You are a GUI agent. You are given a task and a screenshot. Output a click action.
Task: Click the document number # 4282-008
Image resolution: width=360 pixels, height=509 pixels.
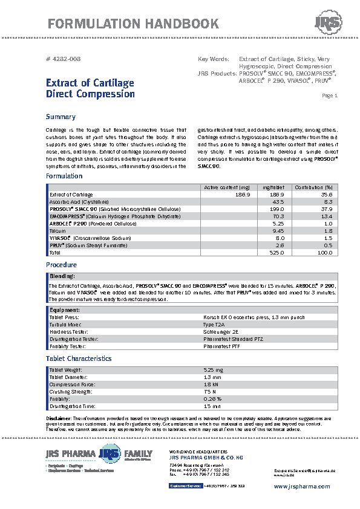64,59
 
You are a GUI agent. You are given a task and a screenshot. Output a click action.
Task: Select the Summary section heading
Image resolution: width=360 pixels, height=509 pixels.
61,117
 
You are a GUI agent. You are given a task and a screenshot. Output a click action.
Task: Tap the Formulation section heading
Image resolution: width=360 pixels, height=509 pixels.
64,176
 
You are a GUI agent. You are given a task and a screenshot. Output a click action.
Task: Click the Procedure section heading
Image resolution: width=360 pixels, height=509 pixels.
62,265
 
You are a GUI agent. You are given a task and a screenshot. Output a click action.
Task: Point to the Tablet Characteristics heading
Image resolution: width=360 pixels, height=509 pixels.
79,358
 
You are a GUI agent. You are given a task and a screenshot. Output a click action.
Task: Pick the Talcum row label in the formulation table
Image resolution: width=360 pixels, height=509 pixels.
57,231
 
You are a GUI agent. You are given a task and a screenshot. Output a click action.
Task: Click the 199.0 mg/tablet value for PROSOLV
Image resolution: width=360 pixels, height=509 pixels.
277,209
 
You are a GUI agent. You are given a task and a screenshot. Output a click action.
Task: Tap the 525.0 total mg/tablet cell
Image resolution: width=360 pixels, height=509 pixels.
277,253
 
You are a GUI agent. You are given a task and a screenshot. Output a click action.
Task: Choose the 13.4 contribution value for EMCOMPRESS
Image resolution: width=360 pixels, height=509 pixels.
327,216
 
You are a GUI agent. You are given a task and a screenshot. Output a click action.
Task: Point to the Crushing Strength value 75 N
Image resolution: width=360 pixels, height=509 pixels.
209,392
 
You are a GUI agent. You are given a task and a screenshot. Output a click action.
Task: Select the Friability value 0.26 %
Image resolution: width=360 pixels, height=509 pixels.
212,399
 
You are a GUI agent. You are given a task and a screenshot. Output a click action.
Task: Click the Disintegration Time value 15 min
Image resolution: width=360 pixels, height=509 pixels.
212,406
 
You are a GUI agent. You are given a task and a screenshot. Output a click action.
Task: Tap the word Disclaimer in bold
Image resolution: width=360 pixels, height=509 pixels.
59,418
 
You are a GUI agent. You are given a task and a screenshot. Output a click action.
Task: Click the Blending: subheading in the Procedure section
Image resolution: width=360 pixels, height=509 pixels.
62,276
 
